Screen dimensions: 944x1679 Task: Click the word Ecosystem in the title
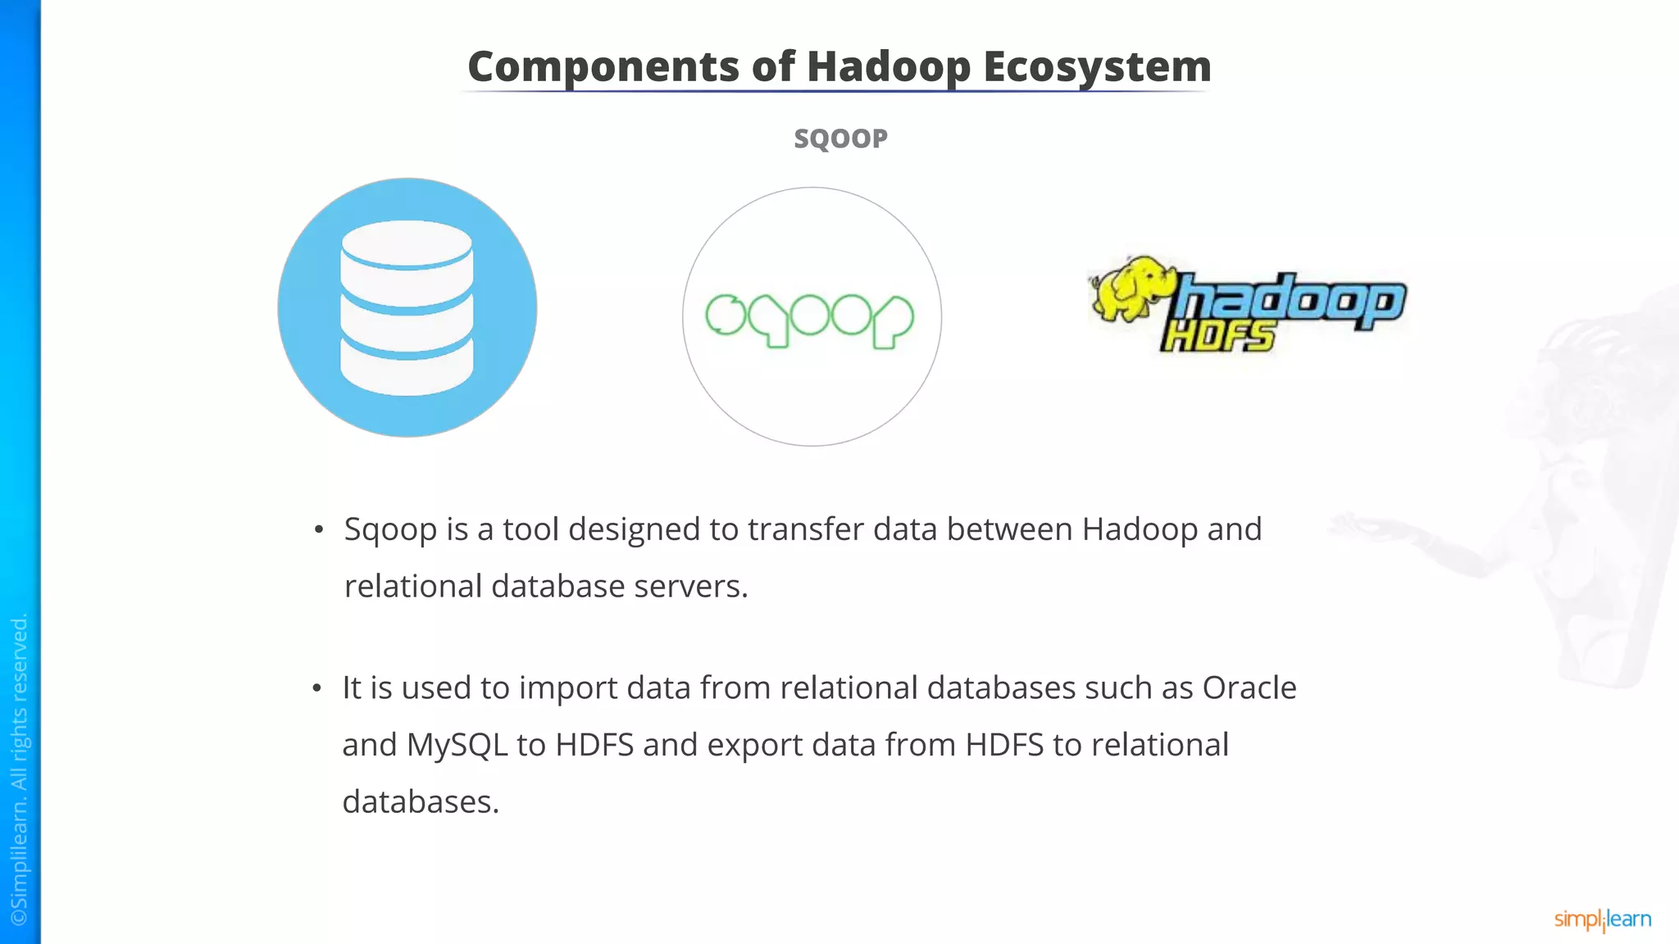pyautogui.click(x=1097, y=66)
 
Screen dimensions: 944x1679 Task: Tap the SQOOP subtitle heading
pyautogui.click(x=840, y=138)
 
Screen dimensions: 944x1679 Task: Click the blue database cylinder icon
pyautogui.click(x=407, y=307)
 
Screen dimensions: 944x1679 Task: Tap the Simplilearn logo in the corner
pyautogui.click(x=1602, y=919)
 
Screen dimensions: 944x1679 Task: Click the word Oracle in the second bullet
pyautogui.click(x=1249, y=688)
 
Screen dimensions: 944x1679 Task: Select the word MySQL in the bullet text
pyautogui.click(x=457, y=745)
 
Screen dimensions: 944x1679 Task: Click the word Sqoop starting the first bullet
pyautogui.click(x=390, y=529)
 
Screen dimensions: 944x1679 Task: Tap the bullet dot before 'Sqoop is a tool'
pyautogui.click(x=319, y=530)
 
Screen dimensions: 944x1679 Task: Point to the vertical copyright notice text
pyautogui.click(x=20, y=770)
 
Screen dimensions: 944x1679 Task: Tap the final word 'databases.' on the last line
pyautogui.click(x=421, y=801)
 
